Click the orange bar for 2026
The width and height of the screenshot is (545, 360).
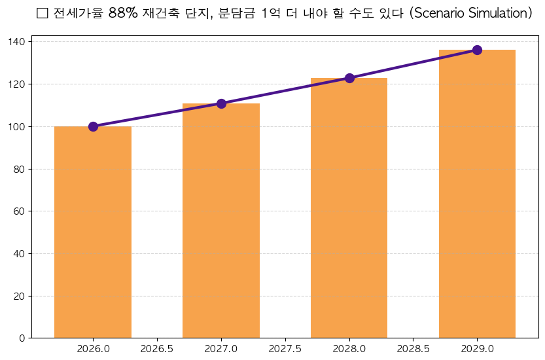pos(93,232)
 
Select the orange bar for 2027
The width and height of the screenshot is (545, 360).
pos(221,221)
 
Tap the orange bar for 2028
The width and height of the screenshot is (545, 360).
pos(349,208)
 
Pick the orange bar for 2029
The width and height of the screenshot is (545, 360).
pos(477,194)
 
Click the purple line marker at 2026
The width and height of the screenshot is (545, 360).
pos(93,126)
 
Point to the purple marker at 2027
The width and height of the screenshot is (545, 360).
pos(221,103)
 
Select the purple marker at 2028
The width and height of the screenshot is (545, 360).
pos(349,78)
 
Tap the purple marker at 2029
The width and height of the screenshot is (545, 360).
pos(477,50)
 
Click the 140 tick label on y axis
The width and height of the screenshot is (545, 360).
pos(18,42)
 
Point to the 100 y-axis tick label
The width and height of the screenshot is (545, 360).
pos(18,126)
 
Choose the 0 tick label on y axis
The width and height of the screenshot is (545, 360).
pos(22,338)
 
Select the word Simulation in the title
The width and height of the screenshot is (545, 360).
pos(499,13)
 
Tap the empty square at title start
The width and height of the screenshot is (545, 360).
pos(43,13)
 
